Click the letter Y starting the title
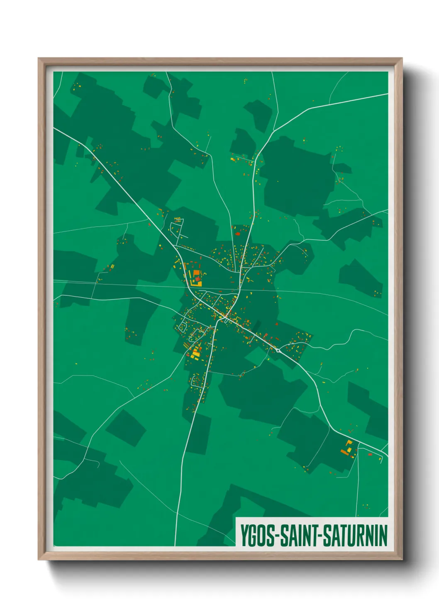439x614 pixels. [x=244, y=536]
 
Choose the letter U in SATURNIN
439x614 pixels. [x=353, y=536]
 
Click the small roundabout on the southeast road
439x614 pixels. [x=278, y=351]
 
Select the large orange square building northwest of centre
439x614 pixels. [x=196, y=274]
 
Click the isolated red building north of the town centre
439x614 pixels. [x=237, y=234]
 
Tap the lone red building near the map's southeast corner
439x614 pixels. [x=370, y=454]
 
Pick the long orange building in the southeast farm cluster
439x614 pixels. [x=344, y=451]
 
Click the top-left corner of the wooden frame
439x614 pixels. [x=39, y=58]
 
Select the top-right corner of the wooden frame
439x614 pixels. [x=402, y=58]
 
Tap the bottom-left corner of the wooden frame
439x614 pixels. [x=39, y=559]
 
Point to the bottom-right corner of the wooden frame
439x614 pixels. [x=402, y=559]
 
